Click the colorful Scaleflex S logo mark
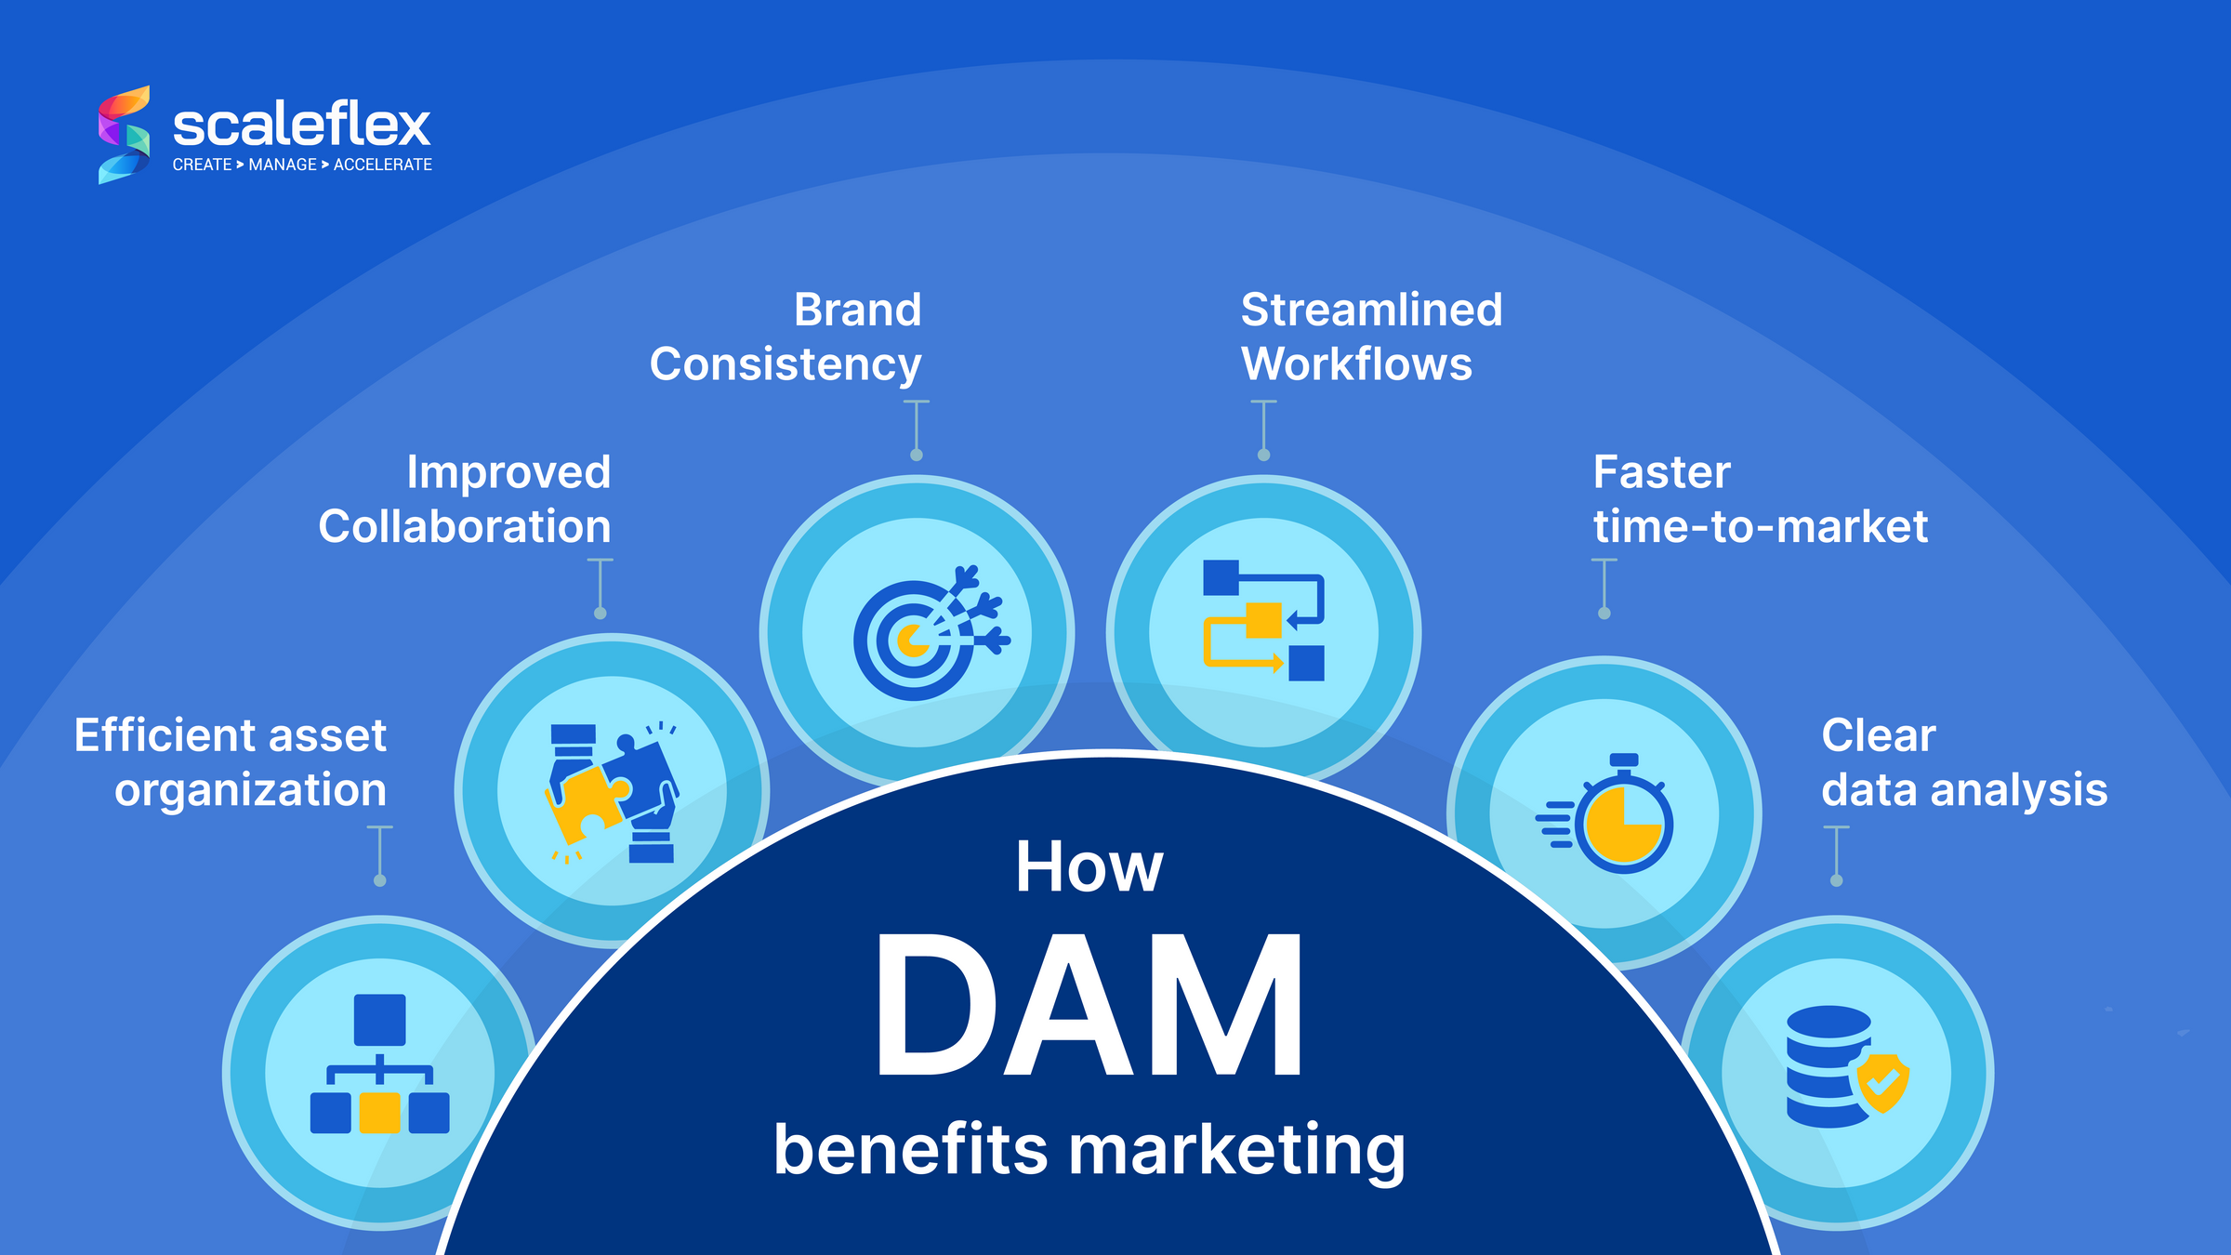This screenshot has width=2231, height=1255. point(125,135)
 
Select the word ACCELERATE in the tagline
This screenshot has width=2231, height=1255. point(382,165)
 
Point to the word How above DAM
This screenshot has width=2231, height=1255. point(1089,866)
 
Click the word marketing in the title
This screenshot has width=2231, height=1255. point(1236,1150)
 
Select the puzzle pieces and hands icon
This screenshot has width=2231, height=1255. point(613,792)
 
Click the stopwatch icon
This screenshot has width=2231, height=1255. point(1613,815)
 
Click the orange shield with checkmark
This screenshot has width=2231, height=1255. point(1882,1082)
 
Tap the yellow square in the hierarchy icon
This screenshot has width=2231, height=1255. point(379,1113)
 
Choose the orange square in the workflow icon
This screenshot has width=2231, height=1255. point(1263,620)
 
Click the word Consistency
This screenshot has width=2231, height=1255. point(785,364)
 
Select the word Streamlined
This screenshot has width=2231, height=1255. point(1371,310)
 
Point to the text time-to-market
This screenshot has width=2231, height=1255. point(1760,527)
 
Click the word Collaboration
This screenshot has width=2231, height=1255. point(465,527)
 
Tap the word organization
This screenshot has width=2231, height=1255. point(250,790)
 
